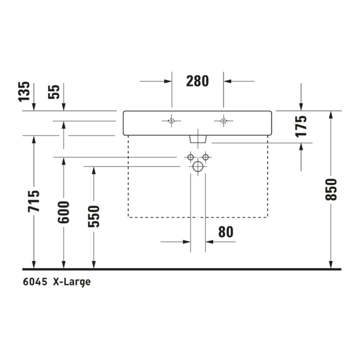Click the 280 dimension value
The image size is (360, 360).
coord(197,81)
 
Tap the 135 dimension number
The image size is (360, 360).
coord(24,91)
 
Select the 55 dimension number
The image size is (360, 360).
coord(53,92)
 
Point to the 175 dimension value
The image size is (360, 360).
coord(301,126)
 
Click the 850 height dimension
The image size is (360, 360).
coord(331,189)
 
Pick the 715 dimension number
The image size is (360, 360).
coord(34,201)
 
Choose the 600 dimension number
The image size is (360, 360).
coord(63,212)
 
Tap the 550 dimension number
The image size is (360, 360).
coord(93,216)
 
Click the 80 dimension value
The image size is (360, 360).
coord(225,232)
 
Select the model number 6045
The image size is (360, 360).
coord(35,281)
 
